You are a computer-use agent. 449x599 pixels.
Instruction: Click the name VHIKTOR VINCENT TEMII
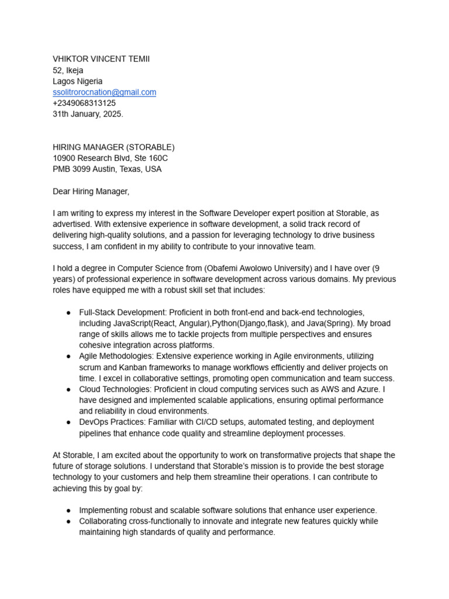[x=105, y=59]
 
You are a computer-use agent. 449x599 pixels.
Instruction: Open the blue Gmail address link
[x=104, y=92]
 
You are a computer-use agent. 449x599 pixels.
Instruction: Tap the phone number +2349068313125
[x=84, y=104]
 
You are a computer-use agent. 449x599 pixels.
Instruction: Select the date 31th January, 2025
[x=88, y=115]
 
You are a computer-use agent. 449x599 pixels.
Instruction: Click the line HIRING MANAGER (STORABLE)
[x=113, y=147]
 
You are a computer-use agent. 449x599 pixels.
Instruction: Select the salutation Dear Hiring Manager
[x=91, y=191]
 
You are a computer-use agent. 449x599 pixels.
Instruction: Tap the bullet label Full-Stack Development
[x=122, y=312]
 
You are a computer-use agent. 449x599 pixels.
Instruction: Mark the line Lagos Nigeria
[x=78, y=81]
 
